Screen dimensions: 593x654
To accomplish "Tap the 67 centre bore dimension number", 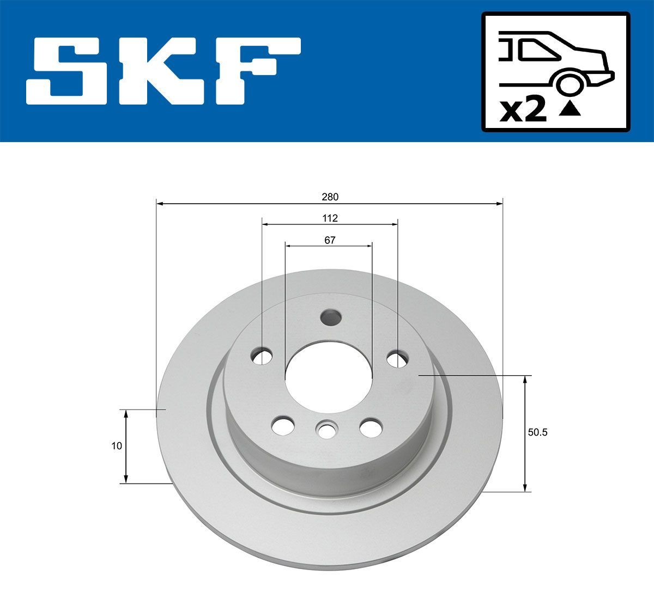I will [x=329, y=240].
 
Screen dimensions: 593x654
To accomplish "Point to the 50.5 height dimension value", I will [x=537, y=433].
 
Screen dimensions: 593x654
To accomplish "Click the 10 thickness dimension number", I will [x=116, y=446].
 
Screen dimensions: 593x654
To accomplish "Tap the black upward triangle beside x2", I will [x=570, y=109].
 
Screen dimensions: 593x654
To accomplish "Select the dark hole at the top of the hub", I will [x=331, y=316].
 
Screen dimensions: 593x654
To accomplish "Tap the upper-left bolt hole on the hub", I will [x=262, y=357].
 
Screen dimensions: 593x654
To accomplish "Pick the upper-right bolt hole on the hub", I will [x=397, y=358].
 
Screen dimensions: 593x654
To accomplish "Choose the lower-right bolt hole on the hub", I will [x=371, y=426].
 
